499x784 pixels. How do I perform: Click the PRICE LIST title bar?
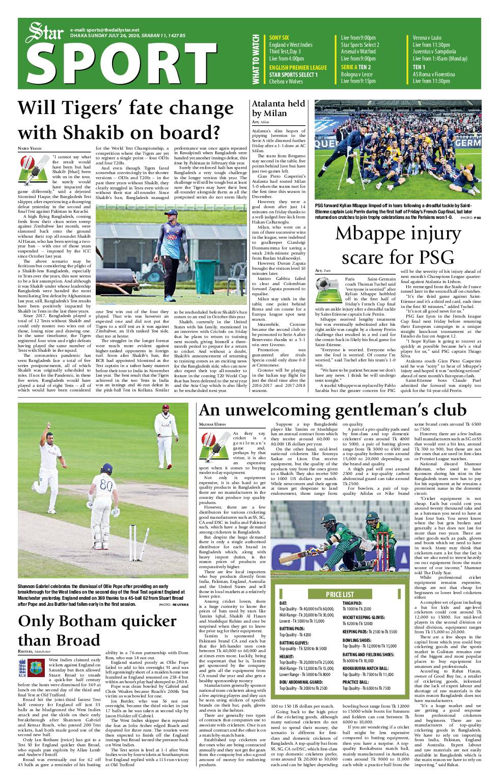pos(340,594)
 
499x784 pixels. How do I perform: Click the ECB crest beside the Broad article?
pos(22,668)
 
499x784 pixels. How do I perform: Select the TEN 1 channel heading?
pos(419,67)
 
